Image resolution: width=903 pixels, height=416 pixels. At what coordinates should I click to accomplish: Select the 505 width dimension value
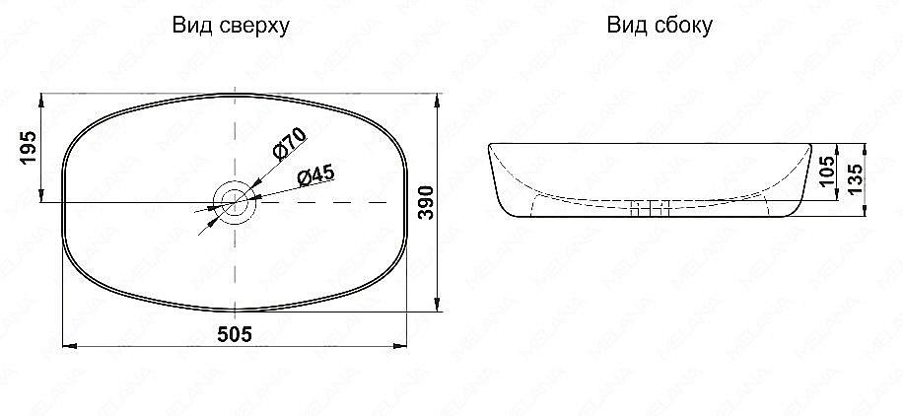click(x=235, y=334)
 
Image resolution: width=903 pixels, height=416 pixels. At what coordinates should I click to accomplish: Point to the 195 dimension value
click(x=28, y=148)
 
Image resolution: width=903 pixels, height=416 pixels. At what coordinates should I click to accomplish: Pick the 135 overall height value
click(x=855, y=180)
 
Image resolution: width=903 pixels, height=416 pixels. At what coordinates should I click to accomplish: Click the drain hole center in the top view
click(x=235, y=201)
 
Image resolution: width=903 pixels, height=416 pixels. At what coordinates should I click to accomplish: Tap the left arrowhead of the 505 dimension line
click(x=67, y=347)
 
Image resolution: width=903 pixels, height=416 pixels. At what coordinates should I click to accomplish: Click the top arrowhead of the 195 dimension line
click(x=41, y=99)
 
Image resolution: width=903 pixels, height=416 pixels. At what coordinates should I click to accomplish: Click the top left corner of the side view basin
click(x=490, y=146)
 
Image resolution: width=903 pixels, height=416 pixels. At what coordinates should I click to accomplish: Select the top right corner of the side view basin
click(x=811, y=146)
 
